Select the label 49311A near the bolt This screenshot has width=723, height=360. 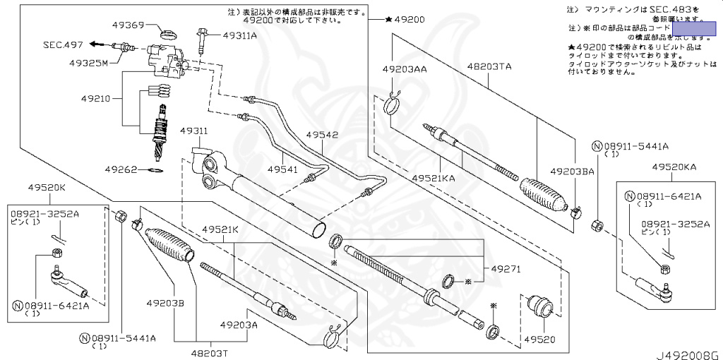pos(239,35)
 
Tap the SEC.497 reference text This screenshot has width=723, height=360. pos(63,44)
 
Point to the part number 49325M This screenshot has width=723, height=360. pos(88,63)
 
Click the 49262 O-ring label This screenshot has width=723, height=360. pos(124,169)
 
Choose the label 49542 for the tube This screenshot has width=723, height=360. pos(322,134)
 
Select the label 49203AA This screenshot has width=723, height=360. pos(405,70)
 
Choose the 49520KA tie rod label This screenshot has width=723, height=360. pos(674,167)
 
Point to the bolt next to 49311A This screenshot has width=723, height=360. pos(203,40)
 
